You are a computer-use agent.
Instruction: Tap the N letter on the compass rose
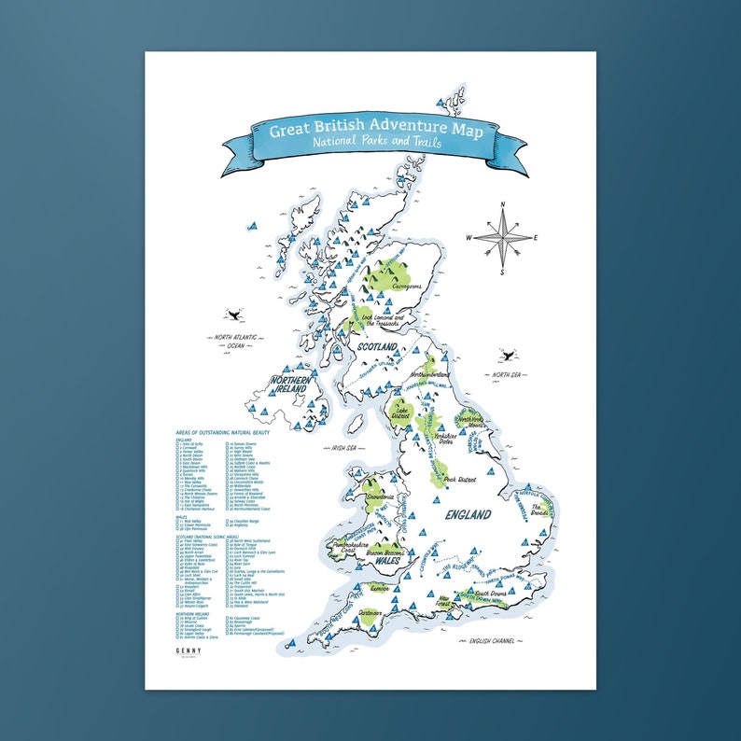(502, 203)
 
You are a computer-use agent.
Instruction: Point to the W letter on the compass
(470, 236)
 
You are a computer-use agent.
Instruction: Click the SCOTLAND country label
(375, 346)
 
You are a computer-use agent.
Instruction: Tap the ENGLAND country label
(468, 514)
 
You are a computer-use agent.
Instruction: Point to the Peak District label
(462, 479)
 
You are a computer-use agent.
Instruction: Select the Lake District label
(404, 411)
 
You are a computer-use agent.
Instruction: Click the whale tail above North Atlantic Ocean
(232, 316)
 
